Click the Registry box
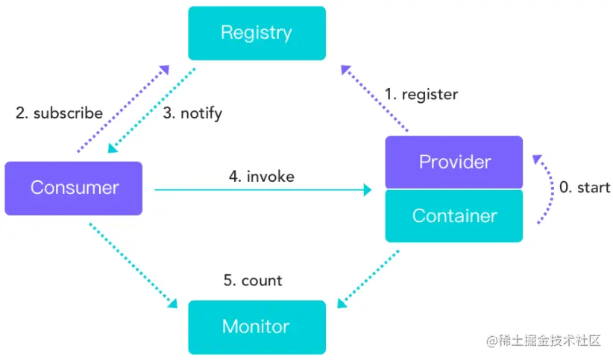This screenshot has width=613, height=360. click(257, 34)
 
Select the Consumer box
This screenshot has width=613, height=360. click(74, 189)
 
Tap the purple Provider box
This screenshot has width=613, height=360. click(454, 162)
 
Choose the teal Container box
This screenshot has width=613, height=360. click(454, 215)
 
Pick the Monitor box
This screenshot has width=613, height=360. click(257, 327)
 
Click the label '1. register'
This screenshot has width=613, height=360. click(421, 95)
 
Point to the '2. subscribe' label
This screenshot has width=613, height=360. click(59, 113)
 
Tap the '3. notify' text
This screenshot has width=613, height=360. click(192, 113)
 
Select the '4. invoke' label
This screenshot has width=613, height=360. click(262, 177)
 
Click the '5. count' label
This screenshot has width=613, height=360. click(253, 280)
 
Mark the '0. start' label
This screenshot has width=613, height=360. click(585, 188)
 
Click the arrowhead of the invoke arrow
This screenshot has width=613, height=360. click(368, 190)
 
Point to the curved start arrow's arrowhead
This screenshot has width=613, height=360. click(537, 159)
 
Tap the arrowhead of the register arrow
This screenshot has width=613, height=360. click(345, 69)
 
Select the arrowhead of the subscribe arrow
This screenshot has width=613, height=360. click(165, 69)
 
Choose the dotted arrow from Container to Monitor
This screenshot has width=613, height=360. click(368, 279)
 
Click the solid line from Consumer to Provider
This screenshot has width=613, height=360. click(263, 190)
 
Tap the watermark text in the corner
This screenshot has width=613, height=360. click(544, 341)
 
